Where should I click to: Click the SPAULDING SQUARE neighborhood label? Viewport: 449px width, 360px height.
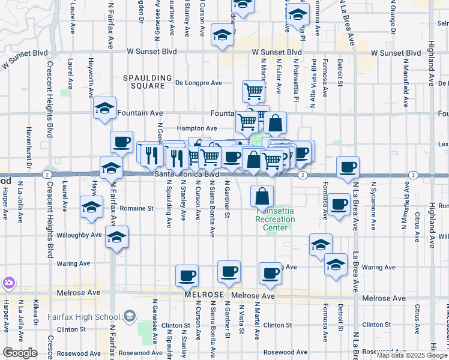[143, 82]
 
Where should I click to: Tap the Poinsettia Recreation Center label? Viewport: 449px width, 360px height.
[275, 219]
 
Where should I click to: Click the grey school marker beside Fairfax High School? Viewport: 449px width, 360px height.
[129, 316]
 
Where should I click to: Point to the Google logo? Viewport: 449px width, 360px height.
[20, 353]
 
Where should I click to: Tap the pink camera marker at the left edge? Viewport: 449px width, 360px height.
[8, 282]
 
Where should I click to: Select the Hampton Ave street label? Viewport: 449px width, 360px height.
[197, 128]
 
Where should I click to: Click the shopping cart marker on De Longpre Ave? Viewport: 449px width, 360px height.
[254, 91]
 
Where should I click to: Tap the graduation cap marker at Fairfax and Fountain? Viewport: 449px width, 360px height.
[105, 109]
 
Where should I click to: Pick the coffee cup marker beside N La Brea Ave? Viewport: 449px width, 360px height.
[348, 167]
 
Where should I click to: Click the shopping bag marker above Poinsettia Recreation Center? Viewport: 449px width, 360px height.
[262, 196]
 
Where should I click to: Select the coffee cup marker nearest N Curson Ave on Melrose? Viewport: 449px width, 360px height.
[187, 276]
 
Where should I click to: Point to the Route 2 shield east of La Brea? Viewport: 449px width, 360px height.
[413, 175]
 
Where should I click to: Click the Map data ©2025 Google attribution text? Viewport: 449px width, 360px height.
[412, 355]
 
